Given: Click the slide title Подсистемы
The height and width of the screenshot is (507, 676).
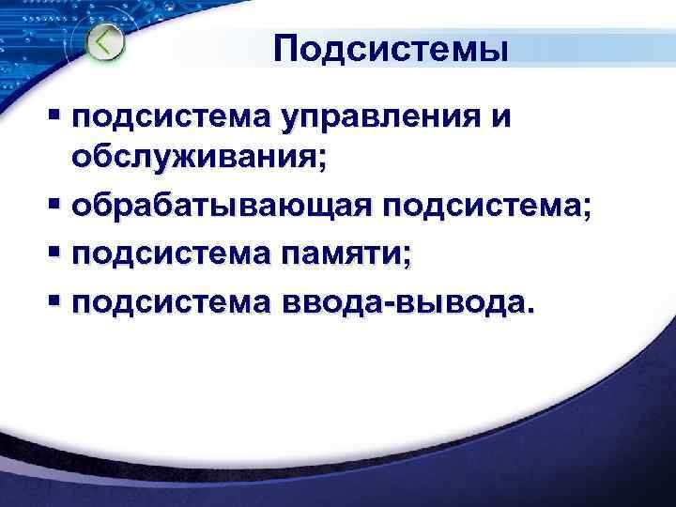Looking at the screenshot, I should (392, 49).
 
